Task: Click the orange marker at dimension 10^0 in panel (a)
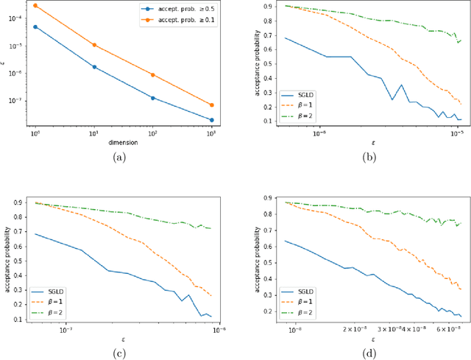[35, 6]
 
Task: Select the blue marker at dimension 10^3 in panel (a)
[212, 120]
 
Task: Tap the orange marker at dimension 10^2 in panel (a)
[153, 75]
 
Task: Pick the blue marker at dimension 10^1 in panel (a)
[94, 67]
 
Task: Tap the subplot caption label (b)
[369, 156]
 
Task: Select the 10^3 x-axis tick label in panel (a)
[212, 133]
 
